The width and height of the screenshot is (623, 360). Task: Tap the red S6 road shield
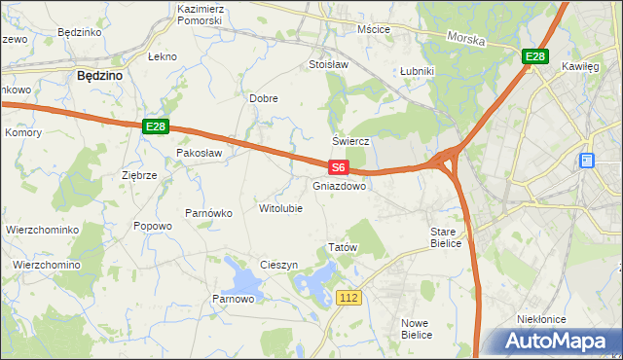coord(337,167)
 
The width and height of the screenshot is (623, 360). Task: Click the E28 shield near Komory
coord(156,126)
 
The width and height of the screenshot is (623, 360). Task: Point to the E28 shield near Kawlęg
coord(534,57)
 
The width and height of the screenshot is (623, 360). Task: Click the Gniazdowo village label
coord(340,185)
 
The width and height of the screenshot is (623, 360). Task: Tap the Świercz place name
coord(353,140)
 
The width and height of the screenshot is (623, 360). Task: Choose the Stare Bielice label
coord(450,238)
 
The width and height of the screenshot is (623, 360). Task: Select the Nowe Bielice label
coord(416,328)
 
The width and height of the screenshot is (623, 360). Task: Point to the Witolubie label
coord(280,208)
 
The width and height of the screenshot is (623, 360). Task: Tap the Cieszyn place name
coord(278,265)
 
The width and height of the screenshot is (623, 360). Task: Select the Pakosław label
coord(200,153)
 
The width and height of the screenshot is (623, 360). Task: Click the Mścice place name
coord(374,29)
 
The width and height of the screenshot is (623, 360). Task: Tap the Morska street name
coord(465,39)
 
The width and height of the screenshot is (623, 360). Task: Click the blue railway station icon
coord(587,161)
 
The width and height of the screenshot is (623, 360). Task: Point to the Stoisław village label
coord(328,65)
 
